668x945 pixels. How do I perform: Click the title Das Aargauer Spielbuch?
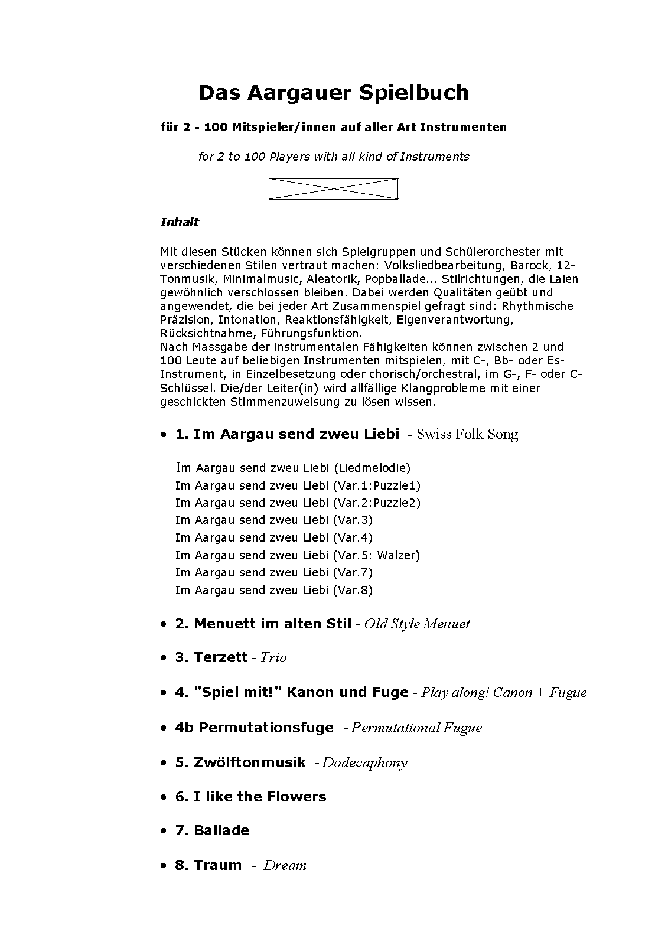333,93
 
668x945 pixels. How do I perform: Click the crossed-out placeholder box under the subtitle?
333,189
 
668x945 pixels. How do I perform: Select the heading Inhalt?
180,222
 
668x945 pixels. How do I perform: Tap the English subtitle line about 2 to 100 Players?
334,157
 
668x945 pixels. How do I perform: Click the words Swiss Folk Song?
467,434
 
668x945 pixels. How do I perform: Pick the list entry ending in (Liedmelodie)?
292,468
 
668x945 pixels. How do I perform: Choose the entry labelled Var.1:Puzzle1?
298,485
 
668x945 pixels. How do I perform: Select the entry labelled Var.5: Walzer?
298,555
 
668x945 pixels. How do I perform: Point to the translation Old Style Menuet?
417,624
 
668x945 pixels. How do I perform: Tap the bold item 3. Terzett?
211,657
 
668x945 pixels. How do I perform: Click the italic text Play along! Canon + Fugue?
504,692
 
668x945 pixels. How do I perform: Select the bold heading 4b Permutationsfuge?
254,728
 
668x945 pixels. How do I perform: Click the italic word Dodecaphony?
364,762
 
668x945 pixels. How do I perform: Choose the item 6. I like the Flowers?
250,797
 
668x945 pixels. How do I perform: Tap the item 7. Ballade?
212,830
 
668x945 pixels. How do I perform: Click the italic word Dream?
285,865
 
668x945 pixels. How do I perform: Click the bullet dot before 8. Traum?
164,866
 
